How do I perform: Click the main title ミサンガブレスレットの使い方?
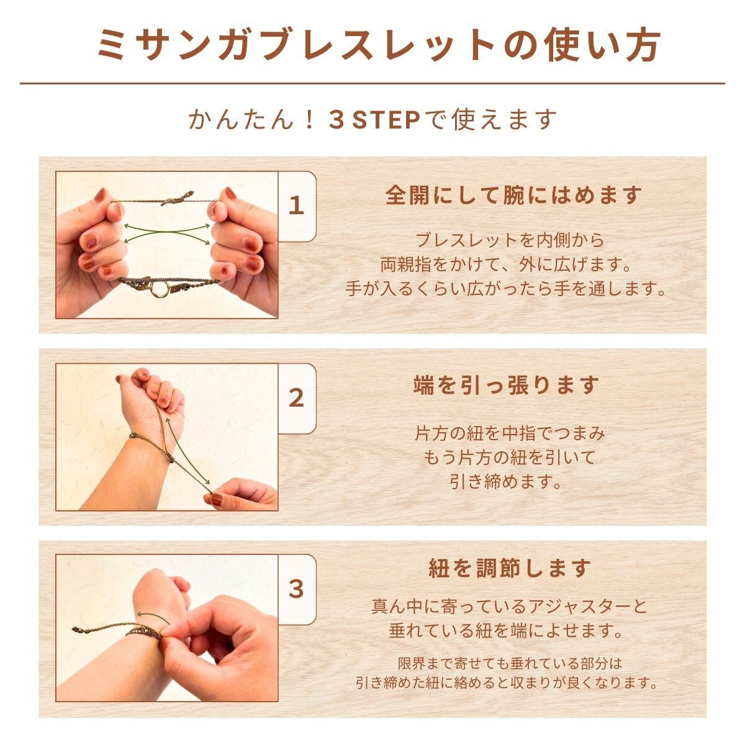coord(378,47)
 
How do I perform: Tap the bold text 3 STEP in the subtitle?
coord(374,120)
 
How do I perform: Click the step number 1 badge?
coord(296,205)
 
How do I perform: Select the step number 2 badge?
coord(296,398)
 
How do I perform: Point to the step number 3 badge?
coord(296,590)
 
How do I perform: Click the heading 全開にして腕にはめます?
coord(514,196)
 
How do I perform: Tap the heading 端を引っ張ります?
coord(506,385)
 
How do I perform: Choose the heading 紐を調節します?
coord(510,567)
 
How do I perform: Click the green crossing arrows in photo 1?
coord(167,233)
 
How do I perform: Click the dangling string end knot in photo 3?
coord(79,629)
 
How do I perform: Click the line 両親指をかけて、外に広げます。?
coord(506,265)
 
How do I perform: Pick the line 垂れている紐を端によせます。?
coord(506,631)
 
